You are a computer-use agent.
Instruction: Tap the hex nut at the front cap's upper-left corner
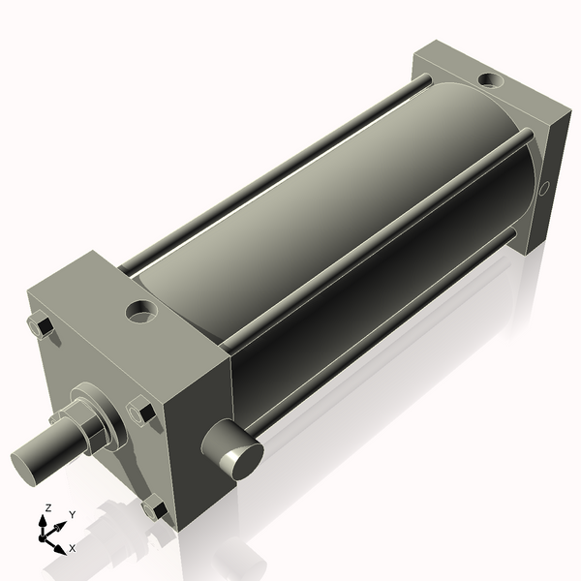pos(42,326)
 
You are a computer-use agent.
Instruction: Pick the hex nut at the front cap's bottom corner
pos(152,507)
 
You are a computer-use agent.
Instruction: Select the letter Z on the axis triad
pos(47,508)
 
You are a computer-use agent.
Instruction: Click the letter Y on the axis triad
pos(72,515)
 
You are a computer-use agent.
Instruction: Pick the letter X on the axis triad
pos(73,548)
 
